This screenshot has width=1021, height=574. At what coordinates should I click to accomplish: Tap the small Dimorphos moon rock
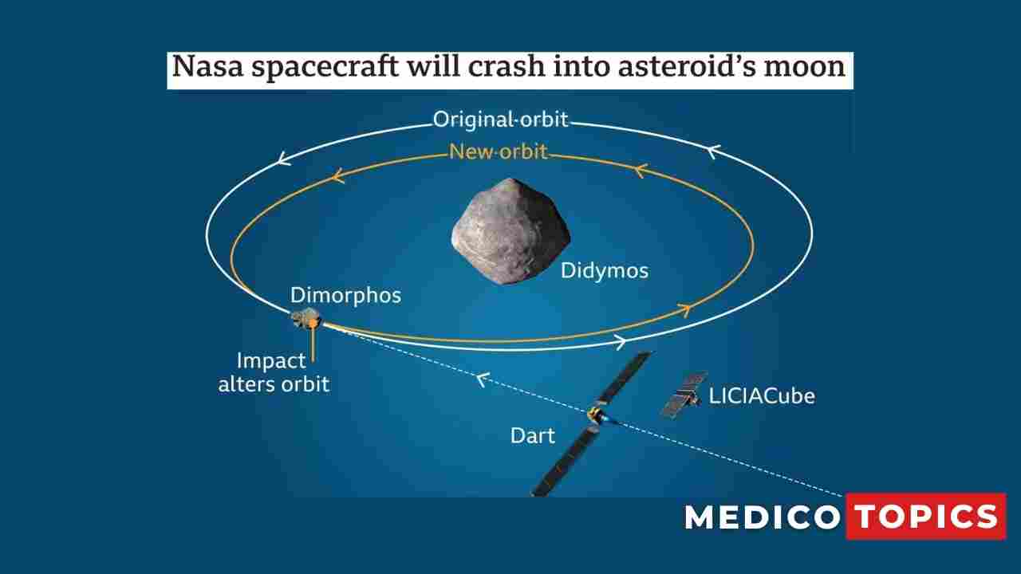pyautogui.click(x=306, y=320)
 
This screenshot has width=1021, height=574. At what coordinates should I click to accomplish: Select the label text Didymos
pyautogui.click(x=604, y=270)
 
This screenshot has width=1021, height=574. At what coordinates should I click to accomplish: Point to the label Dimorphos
pyautogui.click(x=345, y=295)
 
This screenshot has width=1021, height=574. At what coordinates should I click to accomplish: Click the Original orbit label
pyautogui.click(x=500, y=120)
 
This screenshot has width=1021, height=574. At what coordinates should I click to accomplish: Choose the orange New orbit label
pyautogui.click(x=499, y=151)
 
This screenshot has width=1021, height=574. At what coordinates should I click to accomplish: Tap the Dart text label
pyautogui.click(x=532, y=435)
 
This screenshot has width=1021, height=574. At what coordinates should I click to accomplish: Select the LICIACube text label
pyautogui.click(x=762, y=395)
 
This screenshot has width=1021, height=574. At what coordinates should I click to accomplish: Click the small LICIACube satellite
pyautogui.click(x=683, y=394)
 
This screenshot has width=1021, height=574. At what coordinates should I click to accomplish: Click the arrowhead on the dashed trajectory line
pyautogui.click(x=480, y=379)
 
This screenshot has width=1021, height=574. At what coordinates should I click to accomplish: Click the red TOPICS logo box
pyautogui.click(x=925, y=517)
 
